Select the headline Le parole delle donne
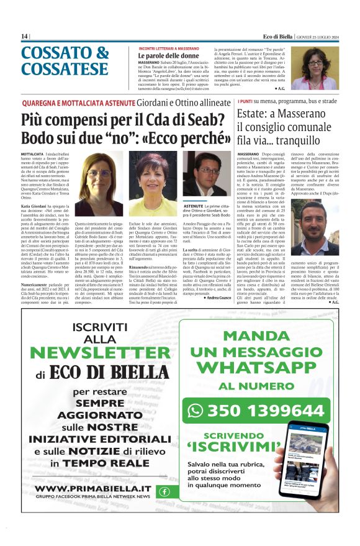coord(164,56)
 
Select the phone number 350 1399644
coord(264,411)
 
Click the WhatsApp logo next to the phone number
coord(196,411)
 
